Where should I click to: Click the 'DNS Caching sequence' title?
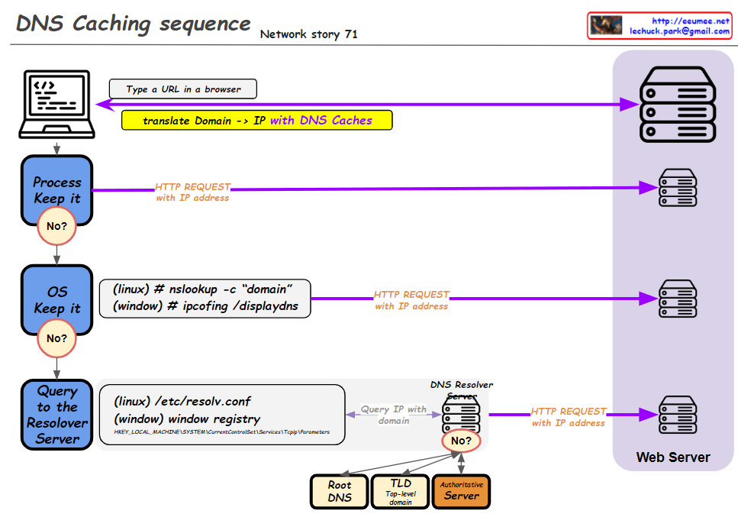[x=133, y=24]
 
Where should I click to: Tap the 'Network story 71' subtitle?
[x=308, y=34]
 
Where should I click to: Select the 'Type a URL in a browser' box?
[x=183, y=89]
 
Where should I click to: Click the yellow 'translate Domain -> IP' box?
[x=257, y=121]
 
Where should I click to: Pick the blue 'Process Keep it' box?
[x=56, y=190]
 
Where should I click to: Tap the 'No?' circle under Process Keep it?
[x=56, y=227]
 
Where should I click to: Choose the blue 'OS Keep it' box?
[x=56, y=300]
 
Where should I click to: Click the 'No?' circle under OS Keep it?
[x=56, y=338]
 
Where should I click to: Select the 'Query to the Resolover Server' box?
[x=57, y=414]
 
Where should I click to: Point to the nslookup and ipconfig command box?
[x=205, y=298]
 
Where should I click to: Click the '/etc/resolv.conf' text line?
[x=182, y=402]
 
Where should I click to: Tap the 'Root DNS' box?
[x=340, y=492]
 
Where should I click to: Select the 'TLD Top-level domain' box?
[x=400, y=492]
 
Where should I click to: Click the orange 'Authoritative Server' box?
[x=461, y=492]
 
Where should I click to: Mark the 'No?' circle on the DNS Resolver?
[x=461, y=441]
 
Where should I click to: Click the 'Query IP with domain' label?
[x=394, y=415]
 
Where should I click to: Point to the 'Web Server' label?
[x=673, y=457]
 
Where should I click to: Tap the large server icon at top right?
[x=677, y=105]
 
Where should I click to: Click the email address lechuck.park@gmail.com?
[x=679, y=31]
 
